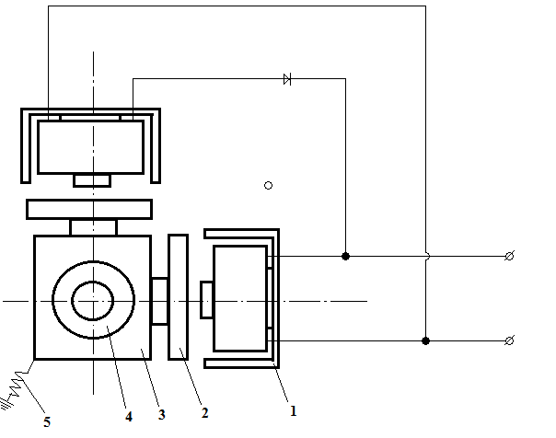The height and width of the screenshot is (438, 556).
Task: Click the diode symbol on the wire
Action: [x=287, y=79]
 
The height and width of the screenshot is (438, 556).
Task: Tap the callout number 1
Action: [x=293, y=411]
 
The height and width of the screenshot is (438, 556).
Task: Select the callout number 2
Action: [x=204, y=413]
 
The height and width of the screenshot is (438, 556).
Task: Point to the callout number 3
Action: [x=162, y=415]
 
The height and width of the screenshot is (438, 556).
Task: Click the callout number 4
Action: [x=129, y=417]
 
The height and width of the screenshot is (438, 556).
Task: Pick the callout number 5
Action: [x=47, y=422]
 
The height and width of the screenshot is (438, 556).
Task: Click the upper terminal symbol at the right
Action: [x=509, y=256]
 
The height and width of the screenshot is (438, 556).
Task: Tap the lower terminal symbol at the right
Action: [x=509, y=340]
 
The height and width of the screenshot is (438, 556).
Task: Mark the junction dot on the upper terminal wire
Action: [x=346, y=256]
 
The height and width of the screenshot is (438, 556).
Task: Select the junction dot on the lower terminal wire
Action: [x=426, y=340]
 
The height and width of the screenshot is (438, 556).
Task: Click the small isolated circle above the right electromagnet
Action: [x=269, y=185]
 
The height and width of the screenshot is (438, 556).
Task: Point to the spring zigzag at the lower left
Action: [x=17, y=384]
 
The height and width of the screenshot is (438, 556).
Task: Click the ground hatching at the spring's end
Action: [x=6, y=404]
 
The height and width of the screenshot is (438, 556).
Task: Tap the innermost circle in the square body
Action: [x=93, y=301]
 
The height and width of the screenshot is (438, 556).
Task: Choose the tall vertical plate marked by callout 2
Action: [x=178, y=297]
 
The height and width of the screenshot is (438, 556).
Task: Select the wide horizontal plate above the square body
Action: [x=89, y=210]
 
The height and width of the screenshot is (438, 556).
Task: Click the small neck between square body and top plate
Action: [x=93, y=227]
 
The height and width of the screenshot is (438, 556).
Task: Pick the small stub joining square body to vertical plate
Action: [x=159, y=301]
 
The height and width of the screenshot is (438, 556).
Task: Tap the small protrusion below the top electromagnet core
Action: [x=92, y=180]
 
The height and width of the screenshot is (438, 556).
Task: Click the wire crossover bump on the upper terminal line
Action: [x=428, y=256]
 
